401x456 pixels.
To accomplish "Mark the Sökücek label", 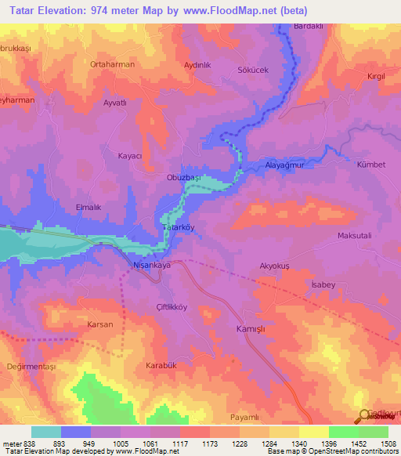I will [x=253, y=70].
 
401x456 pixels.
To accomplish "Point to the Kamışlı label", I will [x=252, y=330].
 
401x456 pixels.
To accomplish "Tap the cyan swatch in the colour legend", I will [x=45, y=431].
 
